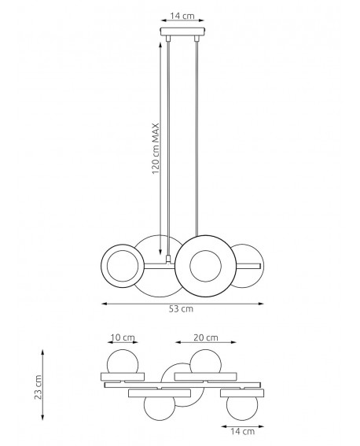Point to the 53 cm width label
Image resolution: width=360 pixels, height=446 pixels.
182,309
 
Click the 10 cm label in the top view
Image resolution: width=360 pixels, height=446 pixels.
123,337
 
